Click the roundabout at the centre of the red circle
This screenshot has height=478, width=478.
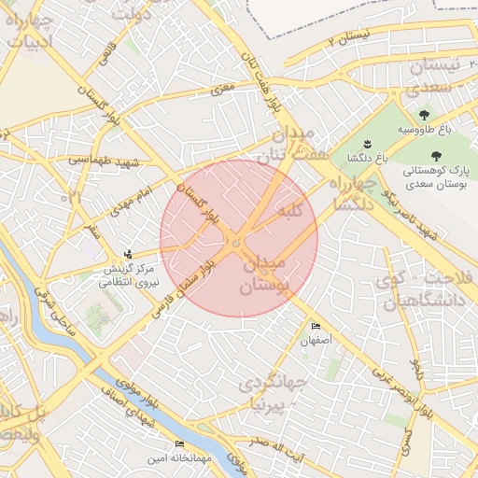(238, 244)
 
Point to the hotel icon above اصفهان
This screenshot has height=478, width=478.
(316, 326)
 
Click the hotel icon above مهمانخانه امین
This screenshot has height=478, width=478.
(179, 443)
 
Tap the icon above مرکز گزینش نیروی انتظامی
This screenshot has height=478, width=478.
(128, 254)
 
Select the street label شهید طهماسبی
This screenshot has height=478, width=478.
(102, 161)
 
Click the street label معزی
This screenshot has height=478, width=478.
(221, 90)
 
